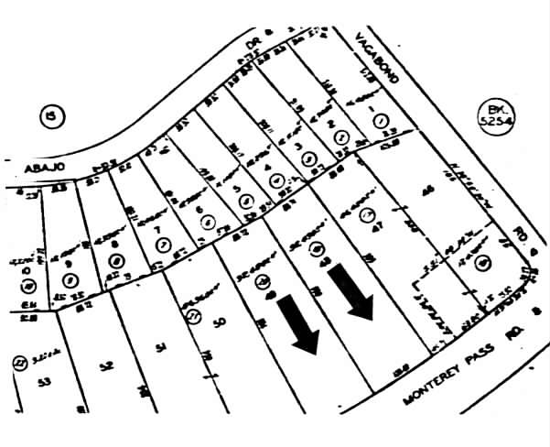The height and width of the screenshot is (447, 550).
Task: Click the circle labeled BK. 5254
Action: click(499, 118)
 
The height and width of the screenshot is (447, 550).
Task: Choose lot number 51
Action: click(161, 346)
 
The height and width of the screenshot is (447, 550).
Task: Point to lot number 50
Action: click(219, 323)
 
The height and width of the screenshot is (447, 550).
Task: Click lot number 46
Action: click(423, 193)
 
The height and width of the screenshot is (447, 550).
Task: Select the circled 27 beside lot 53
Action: click(17, 362)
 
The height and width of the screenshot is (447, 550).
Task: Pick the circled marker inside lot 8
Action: click(116, 260)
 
